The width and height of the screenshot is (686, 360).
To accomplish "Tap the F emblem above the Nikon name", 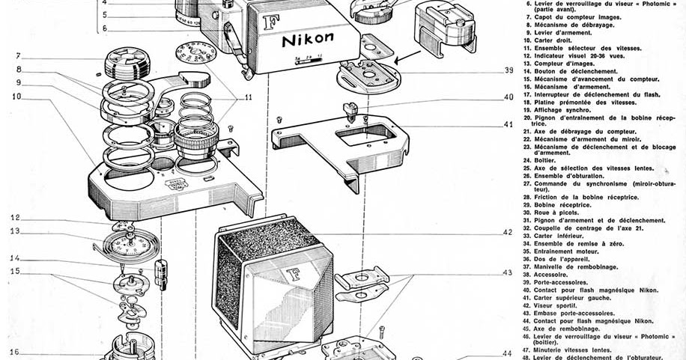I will point(271,21).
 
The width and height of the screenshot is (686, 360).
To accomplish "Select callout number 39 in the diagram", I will point(509,70).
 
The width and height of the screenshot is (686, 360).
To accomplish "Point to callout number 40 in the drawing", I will point(509,97).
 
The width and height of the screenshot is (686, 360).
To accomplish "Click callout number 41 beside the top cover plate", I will point(509,124).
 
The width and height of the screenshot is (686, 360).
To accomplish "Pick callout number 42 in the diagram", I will point(508,232).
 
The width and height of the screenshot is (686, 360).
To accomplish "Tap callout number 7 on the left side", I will point(16,55).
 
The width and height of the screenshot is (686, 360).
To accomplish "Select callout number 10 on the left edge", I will point(16,97).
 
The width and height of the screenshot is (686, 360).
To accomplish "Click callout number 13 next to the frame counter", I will point(15,231).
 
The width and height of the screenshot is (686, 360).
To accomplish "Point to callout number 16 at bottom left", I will point(14,352).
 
